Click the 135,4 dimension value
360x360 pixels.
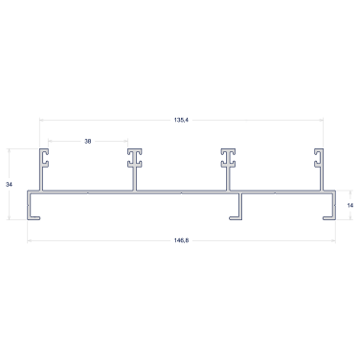pos(181,120)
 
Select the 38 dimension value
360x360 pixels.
pos(88,141)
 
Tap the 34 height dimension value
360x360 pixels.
pos(9,185)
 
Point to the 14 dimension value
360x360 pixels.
pos(350,205)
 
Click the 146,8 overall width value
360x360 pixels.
pos(181,240)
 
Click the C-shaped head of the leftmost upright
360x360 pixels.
pos(44,158)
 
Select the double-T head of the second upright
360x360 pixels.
pos(135,158)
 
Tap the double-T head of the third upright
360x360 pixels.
pos(228,158)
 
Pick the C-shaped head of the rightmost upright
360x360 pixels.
pos(319,158)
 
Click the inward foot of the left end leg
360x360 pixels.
pos(34,218)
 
